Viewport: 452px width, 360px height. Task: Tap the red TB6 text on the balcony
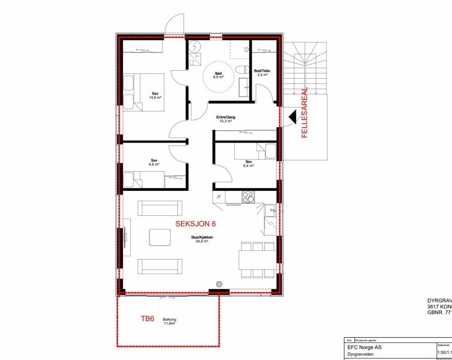147,319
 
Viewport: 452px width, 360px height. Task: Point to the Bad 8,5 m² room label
218,76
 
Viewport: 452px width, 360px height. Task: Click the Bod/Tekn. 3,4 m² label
263,73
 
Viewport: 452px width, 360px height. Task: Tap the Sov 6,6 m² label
154,162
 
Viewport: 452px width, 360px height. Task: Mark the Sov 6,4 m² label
249,164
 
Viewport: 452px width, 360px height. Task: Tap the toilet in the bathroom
242,69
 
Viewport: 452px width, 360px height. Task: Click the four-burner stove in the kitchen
248,197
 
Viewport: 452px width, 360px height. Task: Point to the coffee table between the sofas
160,237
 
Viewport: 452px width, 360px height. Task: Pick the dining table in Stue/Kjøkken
257,259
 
